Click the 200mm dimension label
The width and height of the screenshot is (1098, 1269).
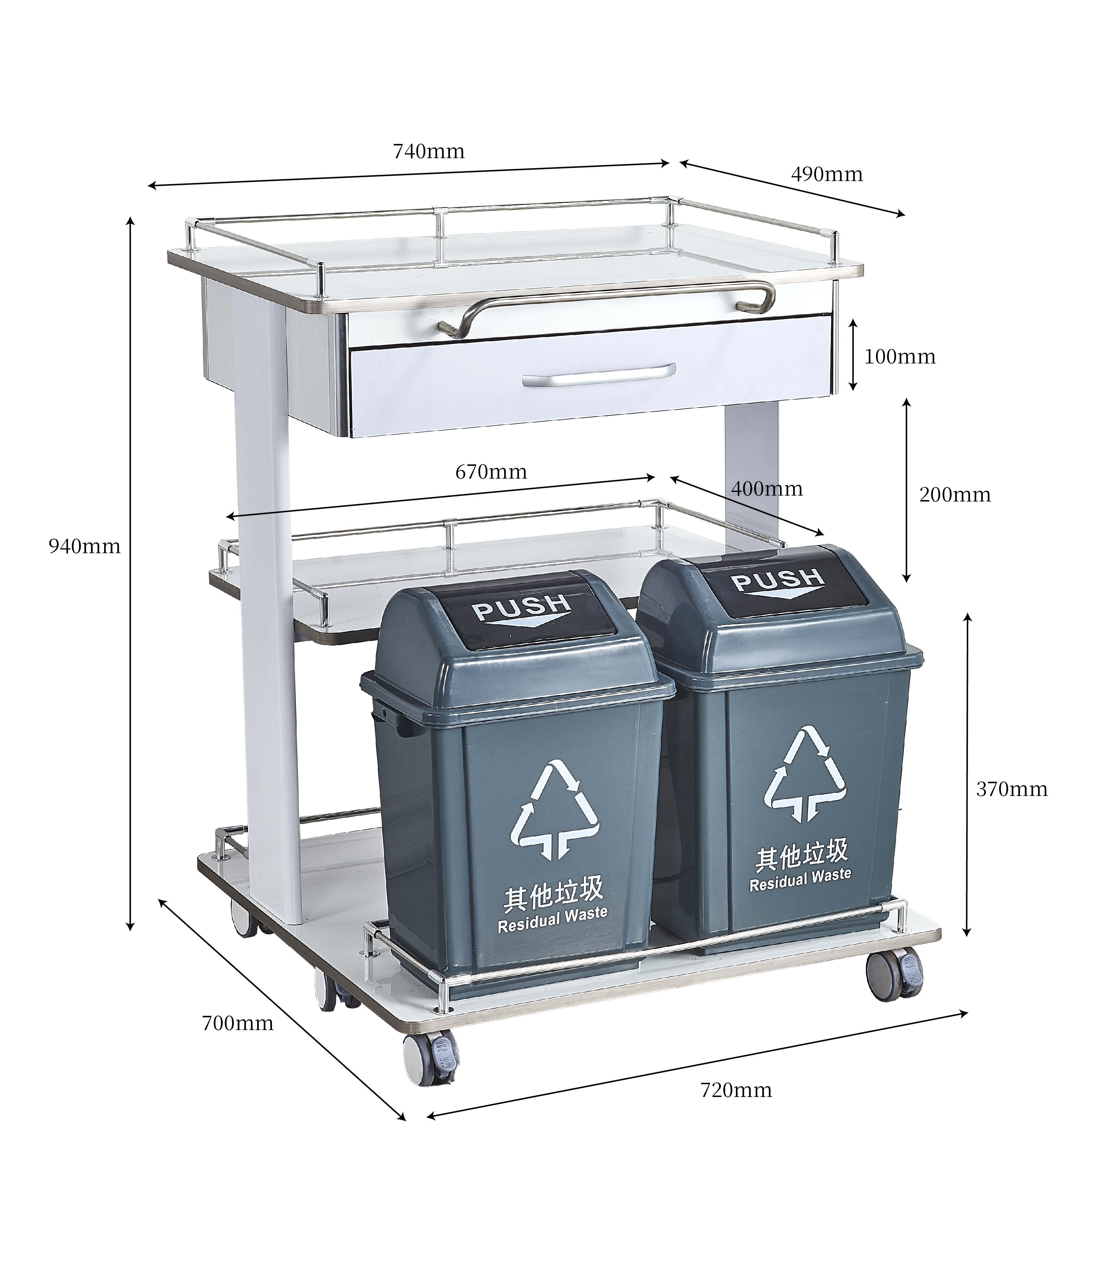955,495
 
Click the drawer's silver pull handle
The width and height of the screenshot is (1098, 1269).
599,375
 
